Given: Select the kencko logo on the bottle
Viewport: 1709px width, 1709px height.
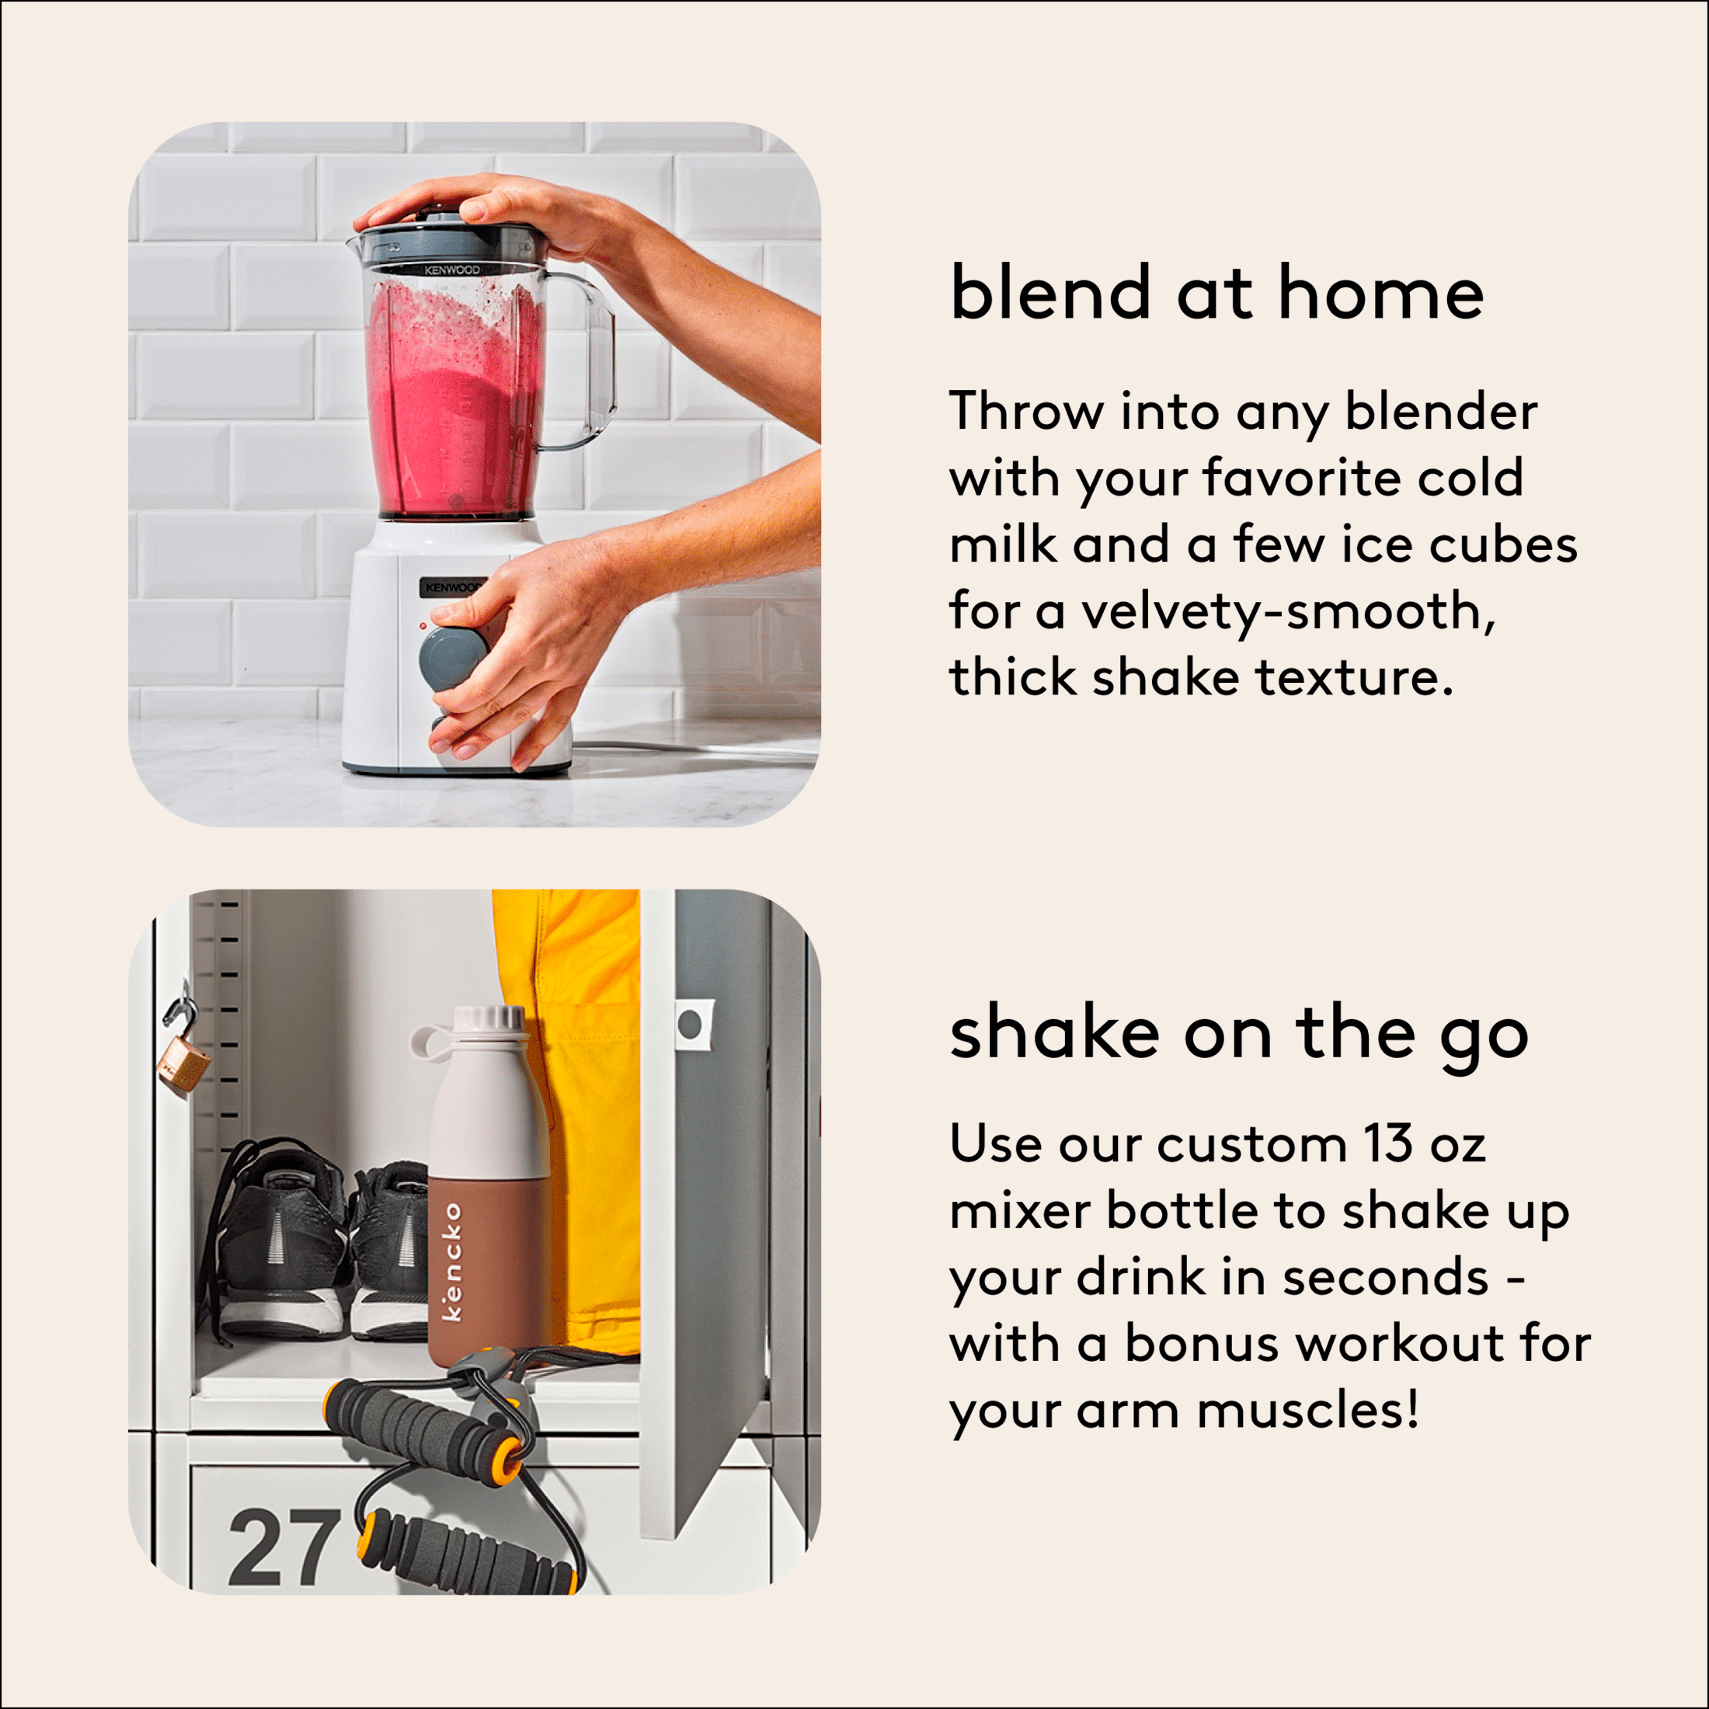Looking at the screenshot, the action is click(x=451, y=1262).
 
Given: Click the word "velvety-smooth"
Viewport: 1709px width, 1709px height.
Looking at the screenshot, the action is click(x=1289, y=612).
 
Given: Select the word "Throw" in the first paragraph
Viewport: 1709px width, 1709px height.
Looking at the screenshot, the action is click(x=1026, y=412).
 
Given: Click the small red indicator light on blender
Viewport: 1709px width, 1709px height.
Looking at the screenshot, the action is click(x=423, y=625).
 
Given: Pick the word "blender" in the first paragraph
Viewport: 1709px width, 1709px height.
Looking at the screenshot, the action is click(x=1441, y=412).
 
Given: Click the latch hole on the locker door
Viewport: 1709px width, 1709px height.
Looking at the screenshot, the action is click(x=689, y=1025).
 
